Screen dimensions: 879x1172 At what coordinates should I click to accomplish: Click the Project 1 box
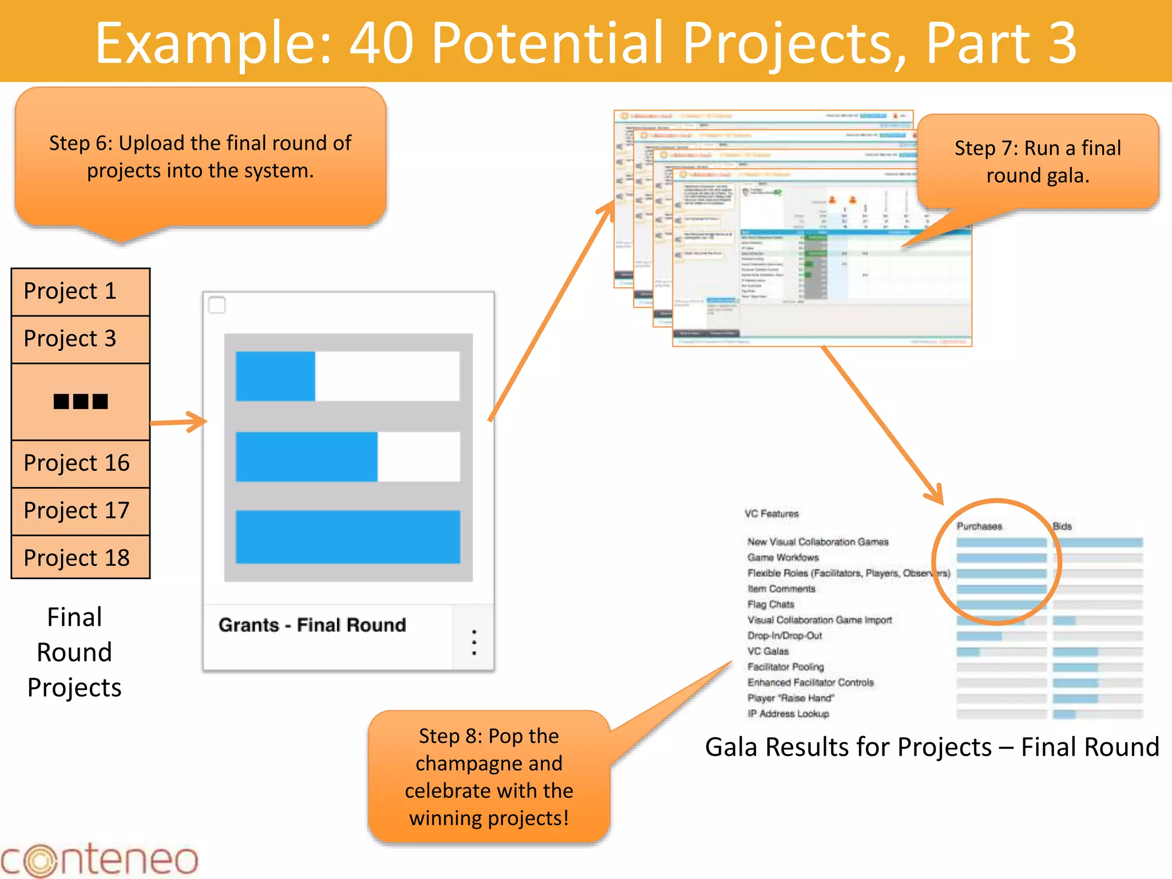(x=80, y=292)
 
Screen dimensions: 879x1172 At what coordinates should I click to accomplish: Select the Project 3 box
(x=80, y=339)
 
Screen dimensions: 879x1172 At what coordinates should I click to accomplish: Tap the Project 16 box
(x=80, y=464)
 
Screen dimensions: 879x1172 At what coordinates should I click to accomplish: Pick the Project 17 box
(x=80, y=511)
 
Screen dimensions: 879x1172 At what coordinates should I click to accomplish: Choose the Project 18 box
(x=80, y=558)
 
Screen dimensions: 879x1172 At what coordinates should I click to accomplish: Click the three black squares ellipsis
(x=81, y=402)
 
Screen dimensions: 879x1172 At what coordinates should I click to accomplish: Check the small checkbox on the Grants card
(x=217, y=305)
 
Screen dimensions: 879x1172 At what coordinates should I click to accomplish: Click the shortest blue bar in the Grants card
(x=275, y=376)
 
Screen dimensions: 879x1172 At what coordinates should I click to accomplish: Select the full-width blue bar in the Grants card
(x=348, y=537)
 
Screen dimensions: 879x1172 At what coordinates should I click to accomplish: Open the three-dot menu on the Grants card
(x=474, y=643)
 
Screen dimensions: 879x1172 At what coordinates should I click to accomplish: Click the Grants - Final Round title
(x=312, y=625)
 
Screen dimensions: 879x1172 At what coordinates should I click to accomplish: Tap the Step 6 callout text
(x=200, y=157)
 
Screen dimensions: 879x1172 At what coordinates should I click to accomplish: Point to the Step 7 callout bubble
(x=1037, y=161)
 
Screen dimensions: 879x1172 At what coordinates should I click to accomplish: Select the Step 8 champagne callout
(x=489, y=777)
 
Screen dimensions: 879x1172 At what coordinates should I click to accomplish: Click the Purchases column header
(x=979, y=526)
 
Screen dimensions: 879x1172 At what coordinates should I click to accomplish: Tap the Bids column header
(x=1062, y=526)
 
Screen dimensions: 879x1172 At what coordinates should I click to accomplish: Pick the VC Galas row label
(x=768, y=651)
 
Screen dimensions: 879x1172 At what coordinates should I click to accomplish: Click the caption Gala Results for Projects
(x=932, y=747)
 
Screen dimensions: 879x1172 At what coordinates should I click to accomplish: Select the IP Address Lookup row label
(x=788, y=714)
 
